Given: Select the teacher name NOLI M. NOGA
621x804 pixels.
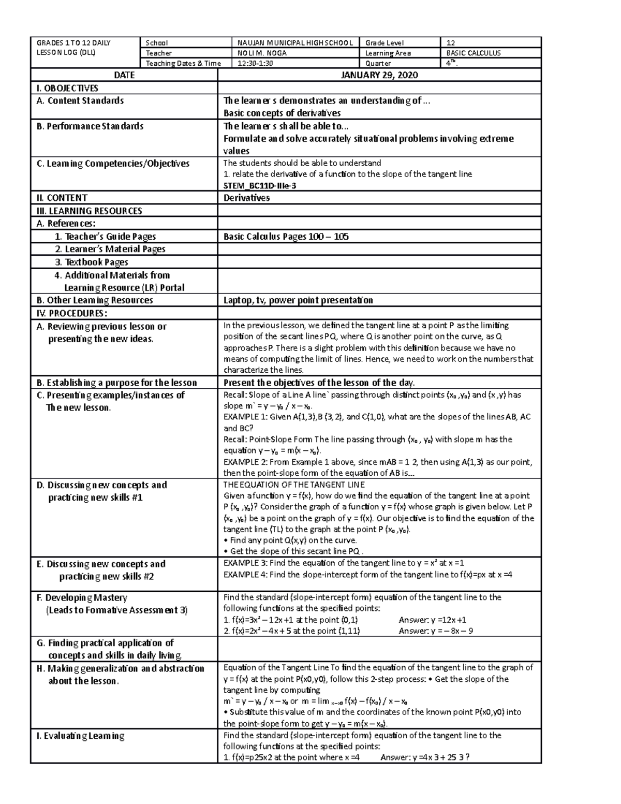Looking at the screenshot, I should [x=262, y=53].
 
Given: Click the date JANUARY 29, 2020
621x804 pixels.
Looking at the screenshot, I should [x=379, y=75].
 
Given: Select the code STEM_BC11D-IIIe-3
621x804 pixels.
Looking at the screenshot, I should [x=259, y=185].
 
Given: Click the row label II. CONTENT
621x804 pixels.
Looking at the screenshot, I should [x=62, y=198].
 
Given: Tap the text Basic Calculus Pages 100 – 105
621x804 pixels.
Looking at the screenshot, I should [x=286, y=237].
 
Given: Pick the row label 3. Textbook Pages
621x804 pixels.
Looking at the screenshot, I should [x=92, y=262].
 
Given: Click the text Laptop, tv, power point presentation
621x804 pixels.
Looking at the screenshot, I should [x=298, y=300].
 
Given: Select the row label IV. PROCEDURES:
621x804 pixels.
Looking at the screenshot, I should [x=72, y=313].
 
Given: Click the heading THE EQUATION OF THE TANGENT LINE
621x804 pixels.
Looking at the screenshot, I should [x=294, y=485].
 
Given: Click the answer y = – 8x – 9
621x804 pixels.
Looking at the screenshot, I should [x=436, y=631].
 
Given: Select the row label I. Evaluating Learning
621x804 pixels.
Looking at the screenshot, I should [x=80, y=736].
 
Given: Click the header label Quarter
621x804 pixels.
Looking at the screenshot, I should [x=378, y=64].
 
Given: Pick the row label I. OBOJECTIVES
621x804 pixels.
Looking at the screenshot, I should [x=67, y=88].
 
